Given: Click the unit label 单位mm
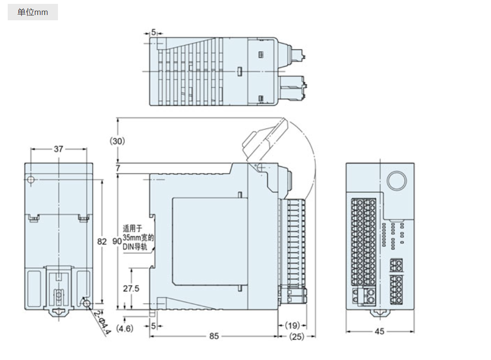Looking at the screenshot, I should (33, 12).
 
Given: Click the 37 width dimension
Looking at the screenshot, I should (58, 149).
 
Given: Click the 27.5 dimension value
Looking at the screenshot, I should (131, 288).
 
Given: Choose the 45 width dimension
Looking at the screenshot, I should (379, 331).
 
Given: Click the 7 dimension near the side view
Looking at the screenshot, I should (118, 168).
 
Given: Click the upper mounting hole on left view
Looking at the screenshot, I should (31, 180).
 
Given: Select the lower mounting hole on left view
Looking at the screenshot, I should (87, 303).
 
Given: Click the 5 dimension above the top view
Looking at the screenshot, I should (154, 32).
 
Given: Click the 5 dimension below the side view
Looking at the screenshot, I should (154, 326).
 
